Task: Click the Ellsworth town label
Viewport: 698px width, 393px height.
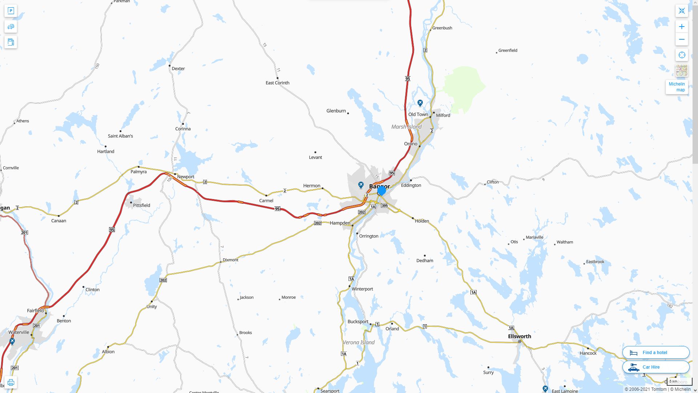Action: (x=519, y=336)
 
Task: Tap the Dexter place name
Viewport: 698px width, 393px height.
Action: (x=178, y=68)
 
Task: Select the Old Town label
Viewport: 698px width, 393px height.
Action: (x=418, y=114)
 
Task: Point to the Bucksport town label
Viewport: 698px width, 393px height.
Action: (x=358, y=321)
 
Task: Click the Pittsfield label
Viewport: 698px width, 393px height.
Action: (x=141, y=205)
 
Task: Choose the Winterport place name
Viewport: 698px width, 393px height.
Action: (x=362, y=289)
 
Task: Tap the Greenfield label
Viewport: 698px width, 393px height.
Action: (x=508, y=50)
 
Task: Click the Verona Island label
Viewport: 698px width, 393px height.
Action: (x=358, y=342)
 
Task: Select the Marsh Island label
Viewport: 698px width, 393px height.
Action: (x=406, y=127)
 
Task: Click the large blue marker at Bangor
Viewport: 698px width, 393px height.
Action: (x=381, y=191)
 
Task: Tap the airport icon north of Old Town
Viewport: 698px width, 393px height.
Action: (x=420, y=103)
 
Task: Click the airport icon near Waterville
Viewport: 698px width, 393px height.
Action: (x=12, y=341)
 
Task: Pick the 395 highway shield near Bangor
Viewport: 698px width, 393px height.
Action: (x=385, y=206)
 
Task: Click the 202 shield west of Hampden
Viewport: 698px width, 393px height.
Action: (x=317, y=223)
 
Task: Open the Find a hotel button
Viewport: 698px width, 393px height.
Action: (x=655, y=352)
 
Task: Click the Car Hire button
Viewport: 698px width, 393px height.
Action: (x=655, y=367)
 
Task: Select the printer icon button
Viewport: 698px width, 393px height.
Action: (x=11, y=382)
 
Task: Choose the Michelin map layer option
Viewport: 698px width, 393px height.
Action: (x=677, y=87)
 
